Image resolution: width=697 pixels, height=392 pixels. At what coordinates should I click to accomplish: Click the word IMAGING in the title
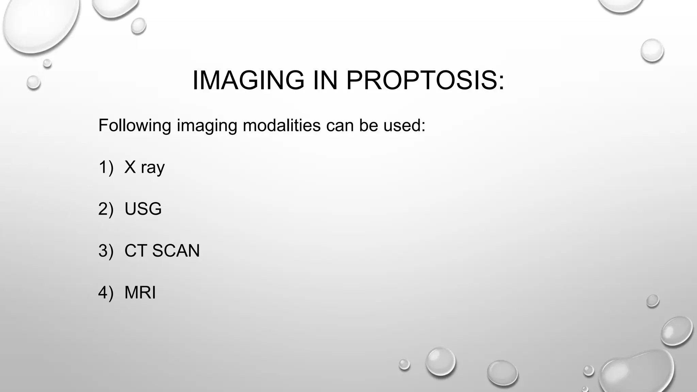pos(248,80)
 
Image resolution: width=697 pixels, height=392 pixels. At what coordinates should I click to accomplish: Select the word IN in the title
pos(325,80)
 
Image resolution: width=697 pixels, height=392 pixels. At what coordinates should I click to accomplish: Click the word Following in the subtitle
pos(135,125)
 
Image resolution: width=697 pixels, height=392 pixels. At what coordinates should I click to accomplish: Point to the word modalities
pos(281,125)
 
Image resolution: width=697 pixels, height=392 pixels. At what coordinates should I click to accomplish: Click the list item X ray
pos(145,167)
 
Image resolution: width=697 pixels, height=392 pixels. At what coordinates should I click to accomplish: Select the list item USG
pos(143,209)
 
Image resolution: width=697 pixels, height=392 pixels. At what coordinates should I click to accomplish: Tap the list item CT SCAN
pos(162,251)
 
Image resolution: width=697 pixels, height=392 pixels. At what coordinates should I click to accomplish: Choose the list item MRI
pos(140,293)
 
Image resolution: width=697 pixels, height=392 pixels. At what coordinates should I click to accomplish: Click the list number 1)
pos(106,167)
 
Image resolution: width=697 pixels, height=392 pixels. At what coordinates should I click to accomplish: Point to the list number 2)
pos(106,209)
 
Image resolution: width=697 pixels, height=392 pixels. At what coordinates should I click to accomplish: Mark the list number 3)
pos(106,251)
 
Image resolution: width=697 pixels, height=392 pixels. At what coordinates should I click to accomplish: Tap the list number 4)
pos(106,293)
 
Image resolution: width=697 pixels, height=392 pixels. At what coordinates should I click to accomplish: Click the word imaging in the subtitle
pos(207,126)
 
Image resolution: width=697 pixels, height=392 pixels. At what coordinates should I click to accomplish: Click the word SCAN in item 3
pos(176,251)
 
